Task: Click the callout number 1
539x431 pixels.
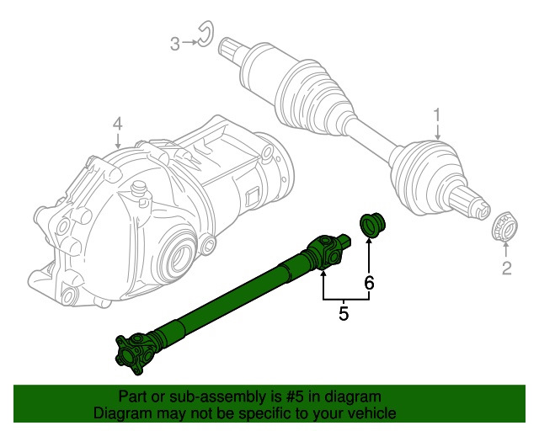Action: (x=437, y=114)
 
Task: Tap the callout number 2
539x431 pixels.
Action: (x=506, y=269)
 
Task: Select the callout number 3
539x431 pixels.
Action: (x=175, y=43)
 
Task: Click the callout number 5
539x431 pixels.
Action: (x=344, y=315)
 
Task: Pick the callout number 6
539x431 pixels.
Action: (x=369, y=283)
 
